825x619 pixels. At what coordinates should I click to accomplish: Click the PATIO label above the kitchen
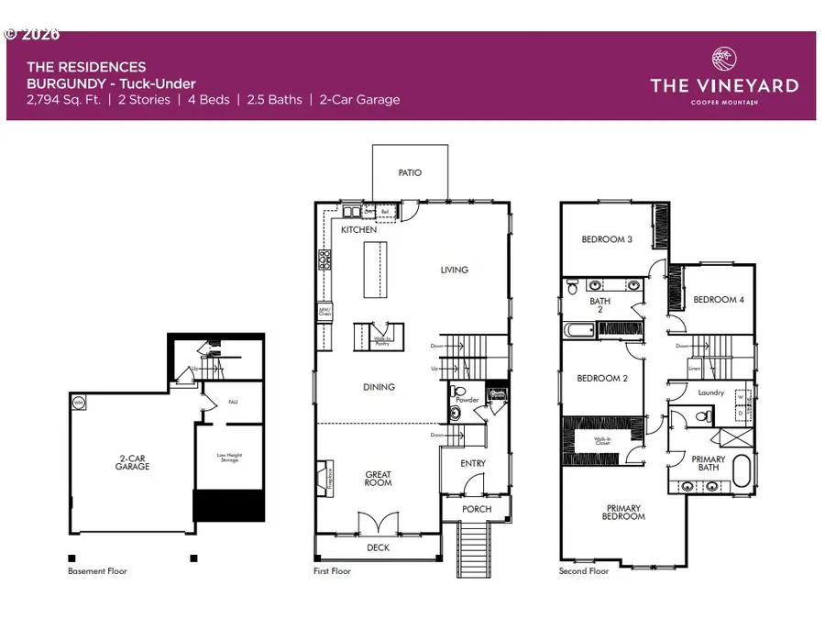(410, 172)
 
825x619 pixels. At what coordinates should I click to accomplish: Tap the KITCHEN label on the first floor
(358, 229)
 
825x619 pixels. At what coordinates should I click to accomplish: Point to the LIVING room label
(454, 270)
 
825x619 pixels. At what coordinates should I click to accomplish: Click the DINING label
(379, 387)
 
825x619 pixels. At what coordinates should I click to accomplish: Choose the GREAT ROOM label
(379, 480)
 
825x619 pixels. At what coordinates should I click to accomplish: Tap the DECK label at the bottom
(378, 547)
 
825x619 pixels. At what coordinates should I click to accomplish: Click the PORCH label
(476, 509)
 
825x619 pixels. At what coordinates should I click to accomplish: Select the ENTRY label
(473, 463)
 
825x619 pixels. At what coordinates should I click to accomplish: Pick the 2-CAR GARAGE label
(132, 461)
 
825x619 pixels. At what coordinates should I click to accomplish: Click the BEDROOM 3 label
(607, 239)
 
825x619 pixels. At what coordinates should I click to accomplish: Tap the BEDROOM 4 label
(719, 300)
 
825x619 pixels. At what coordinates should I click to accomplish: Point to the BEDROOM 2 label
(601, 378)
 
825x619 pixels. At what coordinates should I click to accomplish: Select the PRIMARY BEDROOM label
(623, 512)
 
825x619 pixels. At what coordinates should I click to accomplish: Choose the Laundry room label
(710, 392)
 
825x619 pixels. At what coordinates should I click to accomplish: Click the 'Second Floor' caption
(584, 571)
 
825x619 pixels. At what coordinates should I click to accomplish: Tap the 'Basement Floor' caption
(97, 571)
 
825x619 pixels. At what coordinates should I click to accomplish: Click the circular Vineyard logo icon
(723, 58)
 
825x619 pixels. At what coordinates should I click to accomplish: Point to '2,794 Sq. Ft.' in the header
(64, 100)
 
